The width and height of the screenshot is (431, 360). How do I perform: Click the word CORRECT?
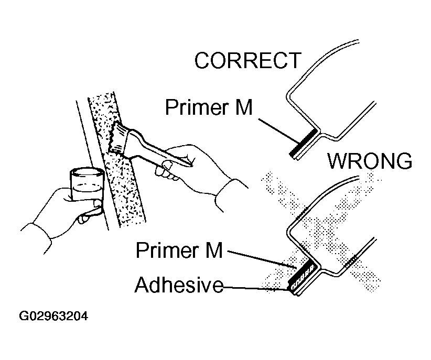pos(247,61)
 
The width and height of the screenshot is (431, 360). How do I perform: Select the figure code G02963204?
pos(53,317)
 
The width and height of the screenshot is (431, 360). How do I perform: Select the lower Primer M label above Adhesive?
pos(179,250)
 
